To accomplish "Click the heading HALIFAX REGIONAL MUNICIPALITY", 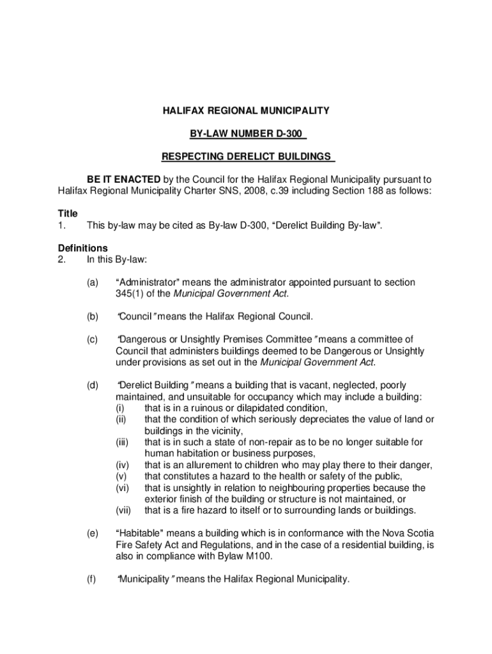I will click(x=246, y=111).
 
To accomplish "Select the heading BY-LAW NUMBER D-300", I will click(x=246, y=134).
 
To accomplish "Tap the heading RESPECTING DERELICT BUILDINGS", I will click(x=246, y=156).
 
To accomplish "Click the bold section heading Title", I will click(x=68, y=214).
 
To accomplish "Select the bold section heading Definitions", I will click(x=82, y=248).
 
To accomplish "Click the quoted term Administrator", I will click(x=148, y=282).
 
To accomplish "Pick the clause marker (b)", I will click(x=93, y=316).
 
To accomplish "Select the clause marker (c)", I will click(x=93, y=339).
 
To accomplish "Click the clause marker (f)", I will click(x=93, y=579).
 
